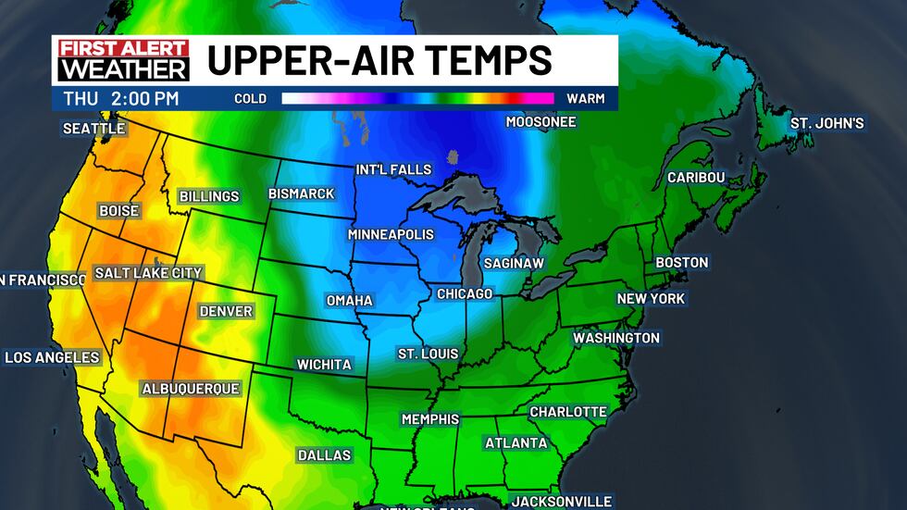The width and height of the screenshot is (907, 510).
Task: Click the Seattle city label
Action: [x=93, y=129]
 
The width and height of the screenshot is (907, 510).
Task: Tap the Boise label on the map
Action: [x=118, y=211]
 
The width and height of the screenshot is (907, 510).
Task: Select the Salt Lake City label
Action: [x=148, y=273]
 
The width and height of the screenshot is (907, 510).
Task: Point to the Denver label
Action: [x=226, y=311]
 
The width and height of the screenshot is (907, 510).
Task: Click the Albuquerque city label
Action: [x=191, y=389]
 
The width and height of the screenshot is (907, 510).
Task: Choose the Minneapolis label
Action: [x=391, y=235]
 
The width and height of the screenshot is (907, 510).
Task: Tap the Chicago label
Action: [x=465, y=293]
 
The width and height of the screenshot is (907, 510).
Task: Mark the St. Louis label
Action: [x=429, y=354]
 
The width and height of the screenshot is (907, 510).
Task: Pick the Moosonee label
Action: [x=540, y=122]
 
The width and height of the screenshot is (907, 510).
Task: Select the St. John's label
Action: [x=826, y=123]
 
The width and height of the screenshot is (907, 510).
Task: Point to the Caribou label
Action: [x=695, y=178]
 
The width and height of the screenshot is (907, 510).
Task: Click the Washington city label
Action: [x=615, y=338]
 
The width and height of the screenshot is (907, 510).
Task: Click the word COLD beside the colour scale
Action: [x=250, y=98]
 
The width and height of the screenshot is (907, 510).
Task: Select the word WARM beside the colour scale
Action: [x=585, y=98]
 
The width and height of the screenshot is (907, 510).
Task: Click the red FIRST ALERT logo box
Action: [x=123, y=49]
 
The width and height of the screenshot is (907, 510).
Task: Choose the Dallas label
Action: [x=324, y=454]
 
